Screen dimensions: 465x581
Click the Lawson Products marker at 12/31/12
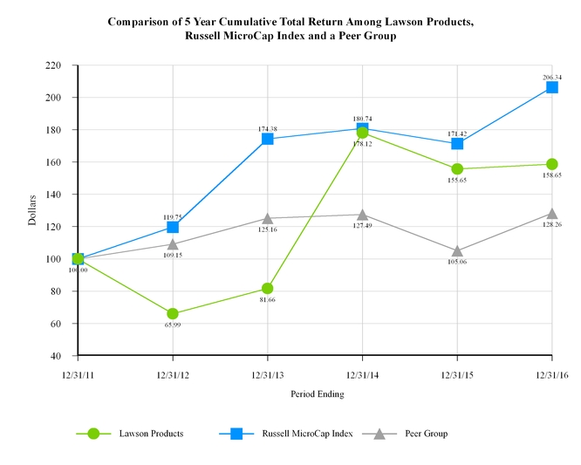click(173, 314)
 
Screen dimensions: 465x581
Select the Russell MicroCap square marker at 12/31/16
click(552, 87)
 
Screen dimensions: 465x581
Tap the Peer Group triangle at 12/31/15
click(457, 251)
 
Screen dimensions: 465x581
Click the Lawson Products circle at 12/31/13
click(268, 289)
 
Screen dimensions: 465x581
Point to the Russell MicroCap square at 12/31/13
click(268, 139)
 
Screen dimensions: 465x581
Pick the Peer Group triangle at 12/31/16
click(552, 213)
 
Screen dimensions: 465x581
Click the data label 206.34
click(552, 77)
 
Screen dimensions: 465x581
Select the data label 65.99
click(173, 325)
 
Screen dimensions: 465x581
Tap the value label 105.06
click(457, 261)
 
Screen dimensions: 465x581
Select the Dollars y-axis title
click(32, 210)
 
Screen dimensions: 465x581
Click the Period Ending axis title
click(317, 394)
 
